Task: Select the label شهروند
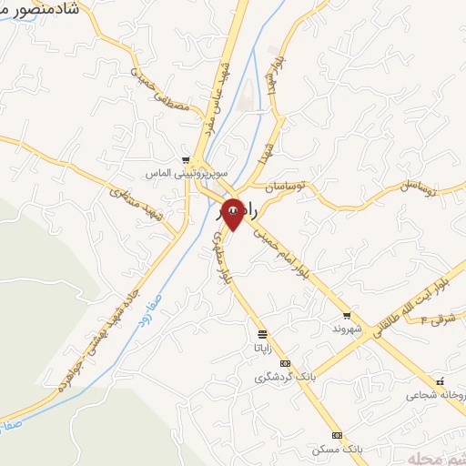[349, 327]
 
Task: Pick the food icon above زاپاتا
[263, 334]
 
